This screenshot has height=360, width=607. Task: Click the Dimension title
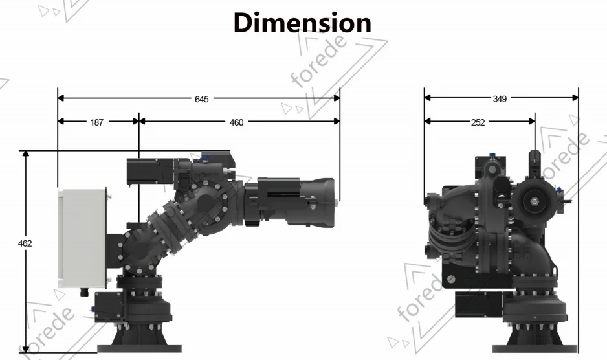coord(302,23)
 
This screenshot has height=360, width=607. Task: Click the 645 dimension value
coord(202,99)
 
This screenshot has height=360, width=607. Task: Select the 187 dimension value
coord(96,122)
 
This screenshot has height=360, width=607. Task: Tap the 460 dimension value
coord(236,122)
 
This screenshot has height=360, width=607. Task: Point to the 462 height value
coord(25,243)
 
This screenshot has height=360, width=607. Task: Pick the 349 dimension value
coord(500,99)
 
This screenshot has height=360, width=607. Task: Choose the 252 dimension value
coord(478,122)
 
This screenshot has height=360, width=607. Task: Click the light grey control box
coord(82,238)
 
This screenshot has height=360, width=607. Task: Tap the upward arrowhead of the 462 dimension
coord(25,154)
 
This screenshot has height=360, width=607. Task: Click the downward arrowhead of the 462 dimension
coord(25,350)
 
